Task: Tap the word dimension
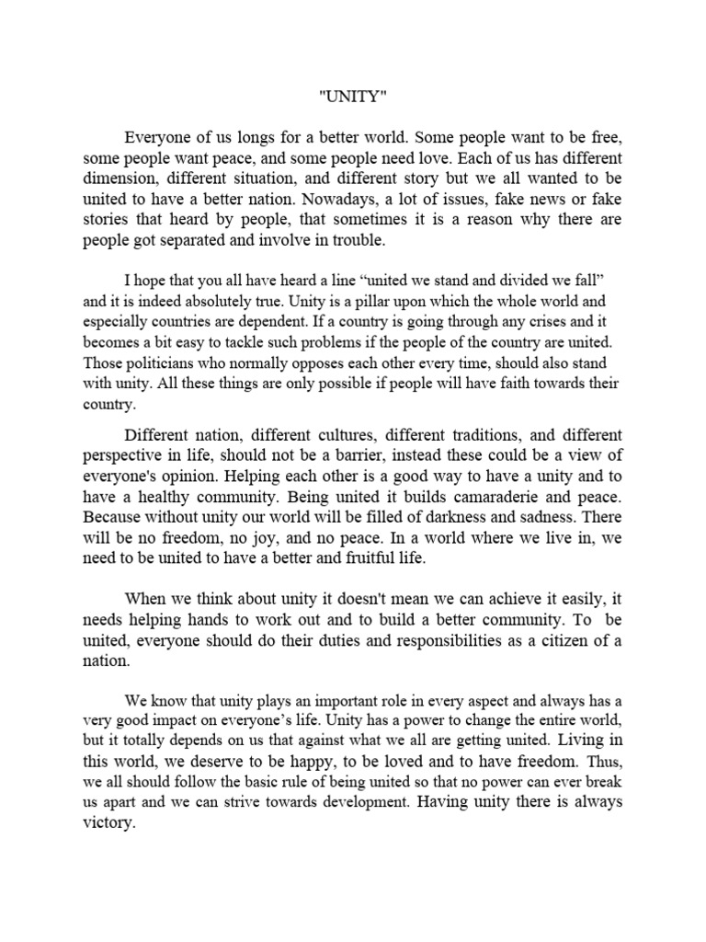pyautogui.click(x=116, y=178)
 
